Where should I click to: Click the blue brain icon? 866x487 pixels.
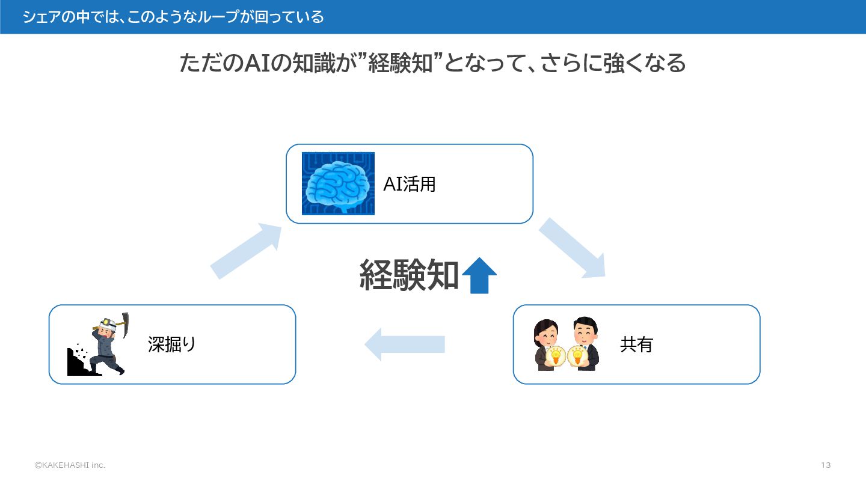click(x=338, y=183)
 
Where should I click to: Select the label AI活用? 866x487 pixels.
click(x=410, y=184)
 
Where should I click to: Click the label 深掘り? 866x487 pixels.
click(x=172, y=345)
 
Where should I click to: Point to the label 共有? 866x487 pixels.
click(x=636, y=345)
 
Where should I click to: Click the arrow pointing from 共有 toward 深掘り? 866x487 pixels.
click(x=404, y=345)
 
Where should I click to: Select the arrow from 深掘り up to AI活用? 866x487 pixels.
click(x=247, y=250)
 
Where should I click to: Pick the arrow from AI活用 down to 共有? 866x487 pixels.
click(x=572, y=248)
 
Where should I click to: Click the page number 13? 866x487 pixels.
click(x=825, y=465)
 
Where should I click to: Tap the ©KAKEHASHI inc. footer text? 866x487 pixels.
click(x=70, y=465)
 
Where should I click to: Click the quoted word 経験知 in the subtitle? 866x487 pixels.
click(x=401, y=63)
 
